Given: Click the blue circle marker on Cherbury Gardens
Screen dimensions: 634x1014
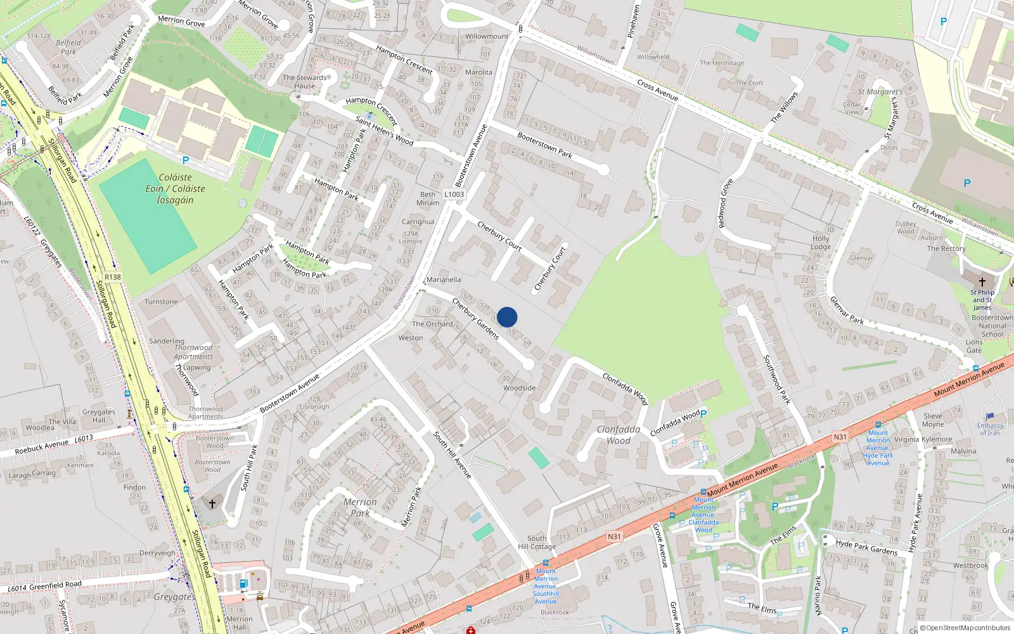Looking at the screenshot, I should coord(507,317).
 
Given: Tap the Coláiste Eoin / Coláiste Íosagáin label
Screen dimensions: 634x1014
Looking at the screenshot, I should coord(175,188).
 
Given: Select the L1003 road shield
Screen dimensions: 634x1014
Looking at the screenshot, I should coord(454,195).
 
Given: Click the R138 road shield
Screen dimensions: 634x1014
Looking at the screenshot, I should coord(113,277).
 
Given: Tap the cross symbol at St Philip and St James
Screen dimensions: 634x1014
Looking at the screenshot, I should coord(982,281).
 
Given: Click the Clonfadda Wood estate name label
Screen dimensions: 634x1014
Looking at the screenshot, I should coord(618,435).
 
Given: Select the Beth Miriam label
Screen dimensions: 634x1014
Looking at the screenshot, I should coord(428,198).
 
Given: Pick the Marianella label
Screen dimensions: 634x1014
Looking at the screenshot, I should coord(444,280).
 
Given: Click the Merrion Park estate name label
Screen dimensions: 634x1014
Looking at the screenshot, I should coord(360,507).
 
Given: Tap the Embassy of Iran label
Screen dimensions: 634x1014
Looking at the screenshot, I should coord(990,429).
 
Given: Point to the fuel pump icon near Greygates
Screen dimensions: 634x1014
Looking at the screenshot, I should coord(243,583).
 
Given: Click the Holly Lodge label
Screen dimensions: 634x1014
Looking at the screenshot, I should coord(821,242).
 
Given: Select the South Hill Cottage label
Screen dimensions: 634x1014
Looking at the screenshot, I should coord(537,542).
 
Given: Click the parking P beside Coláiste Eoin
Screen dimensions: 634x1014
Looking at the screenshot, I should coord(186,161).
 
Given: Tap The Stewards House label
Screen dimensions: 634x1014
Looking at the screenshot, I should coord(305,82).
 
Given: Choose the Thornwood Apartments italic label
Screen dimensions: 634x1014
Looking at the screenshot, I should coord(193,352).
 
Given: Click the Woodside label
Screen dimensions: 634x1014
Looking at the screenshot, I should coord(519,388).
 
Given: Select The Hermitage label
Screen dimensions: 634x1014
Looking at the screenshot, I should coord(722,63).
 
